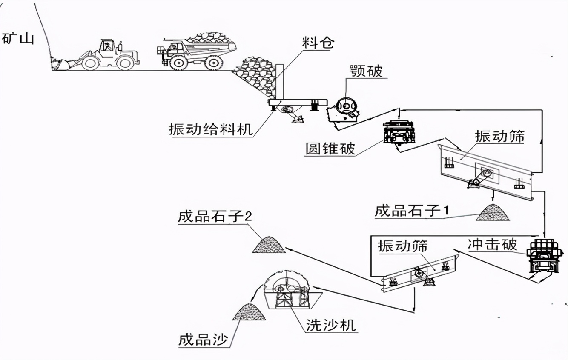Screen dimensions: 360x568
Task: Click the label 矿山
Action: coord(17,39)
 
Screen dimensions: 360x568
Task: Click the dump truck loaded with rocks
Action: coord(196,51)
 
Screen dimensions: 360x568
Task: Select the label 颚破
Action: coord(365,71)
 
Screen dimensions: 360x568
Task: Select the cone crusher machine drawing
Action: coord(399,132)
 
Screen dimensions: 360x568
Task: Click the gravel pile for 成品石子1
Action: coord(493,213)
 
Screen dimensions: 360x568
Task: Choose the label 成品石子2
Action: coord(215,217)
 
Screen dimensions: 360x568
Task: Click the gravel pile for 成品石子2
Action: coord(269,244)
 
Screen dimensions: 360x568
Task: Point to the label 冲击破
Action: coord(492,244)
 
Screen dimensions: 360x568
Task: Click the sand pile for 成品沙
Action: coord(250,312)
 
